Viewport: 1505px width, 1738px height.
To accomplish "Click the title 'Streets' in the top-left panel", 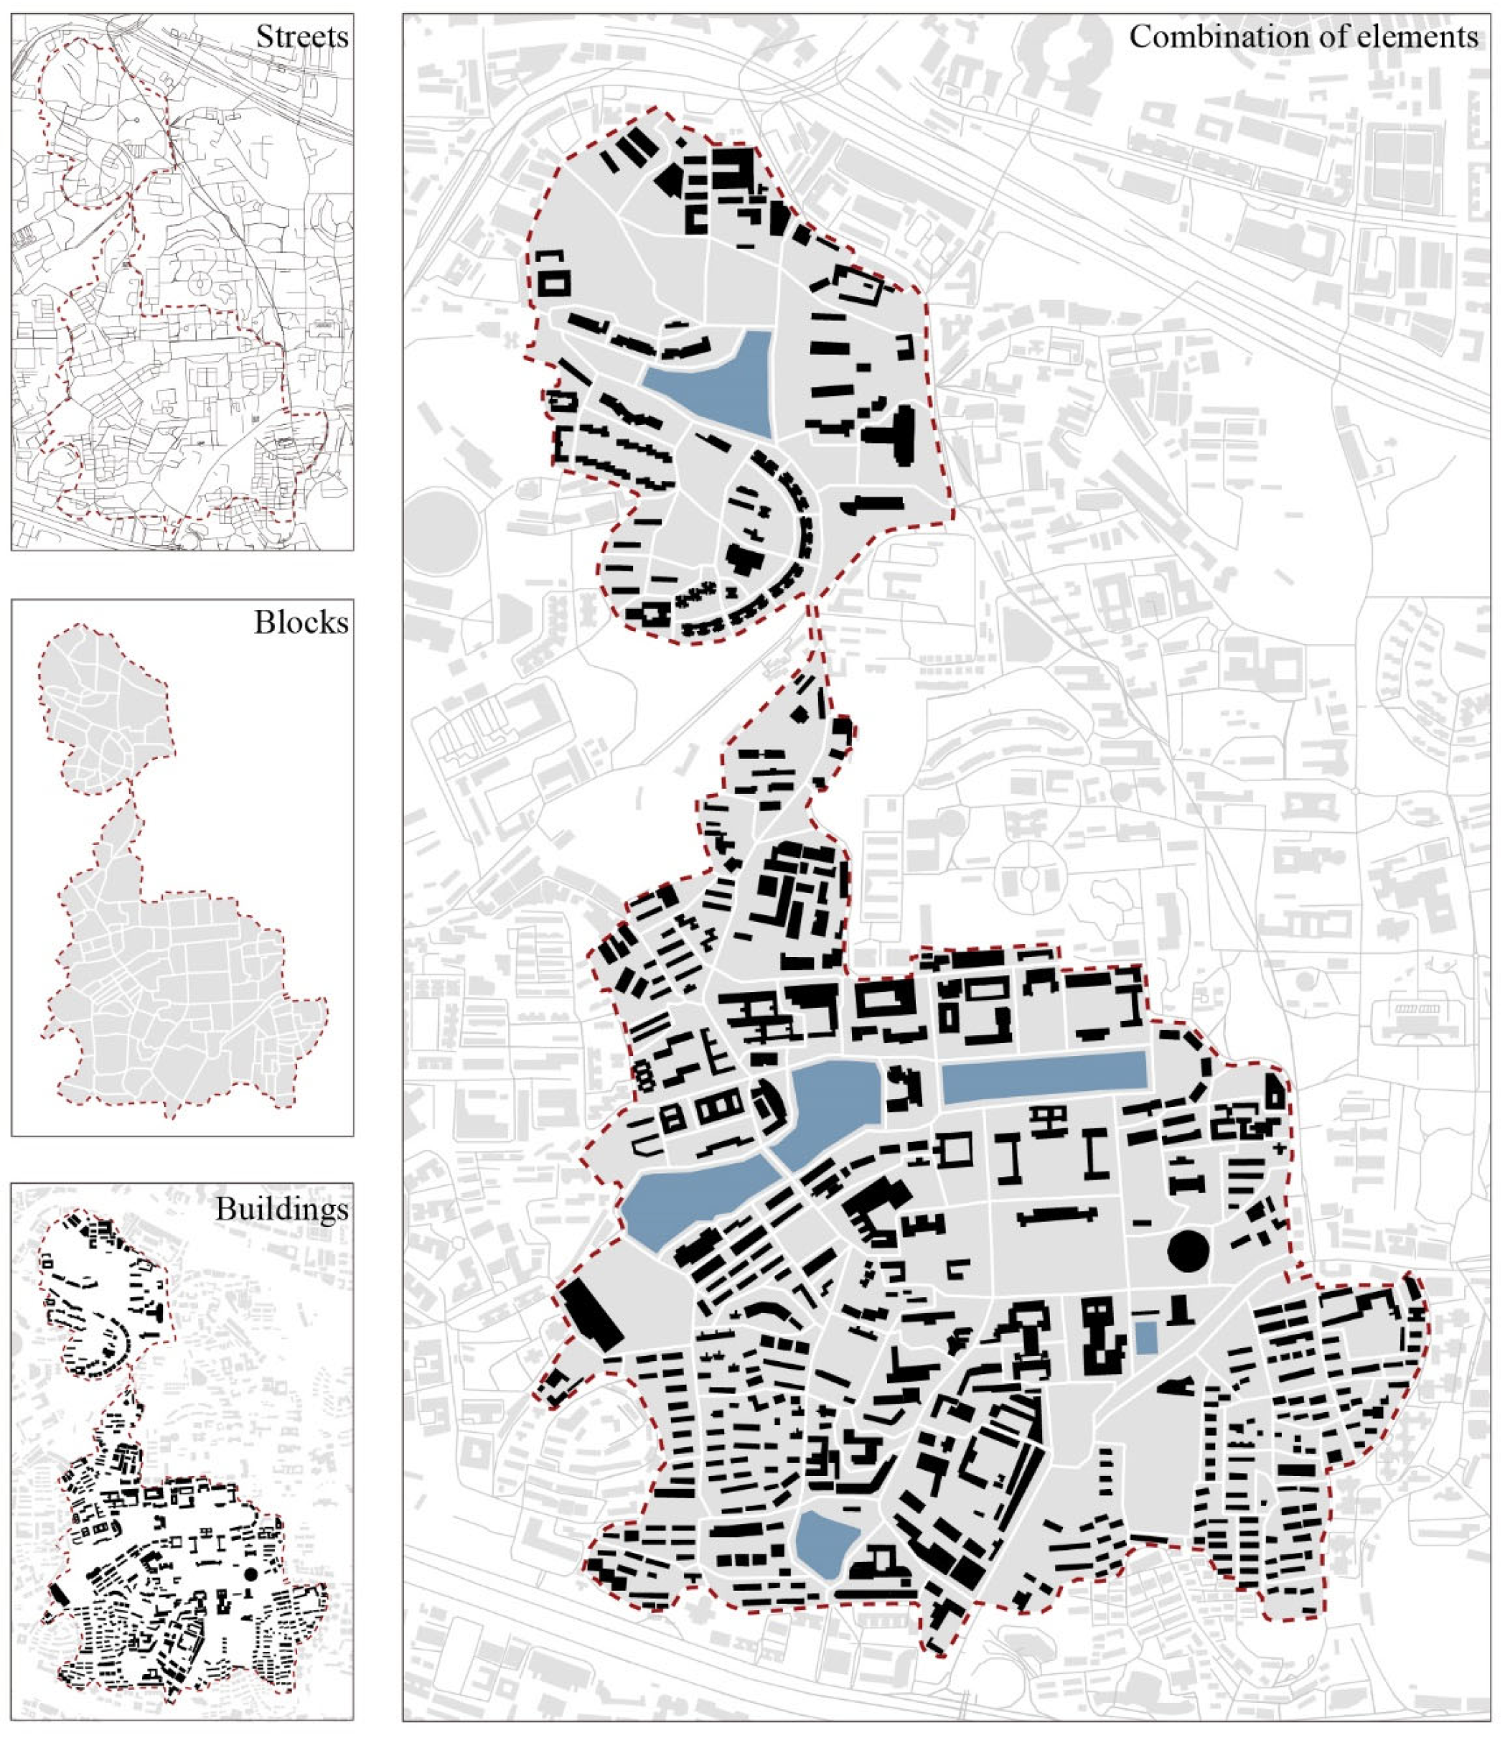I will tap(301, 37).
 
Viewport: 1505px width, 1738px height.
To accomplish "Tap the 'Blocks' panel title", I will tap(301, 622).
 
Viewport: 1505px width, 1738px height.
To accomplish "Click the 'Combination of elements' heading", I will tap(1303, 37).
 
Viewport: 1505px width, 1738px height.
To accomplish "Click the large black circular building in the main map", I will tap(1188, 1251).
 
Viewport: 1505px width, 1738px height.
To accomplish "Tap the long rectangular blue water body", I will tap(1044, 1077).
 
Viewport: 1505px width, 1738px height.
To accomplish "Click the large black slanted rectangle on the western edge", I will tap(592, 1315).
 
